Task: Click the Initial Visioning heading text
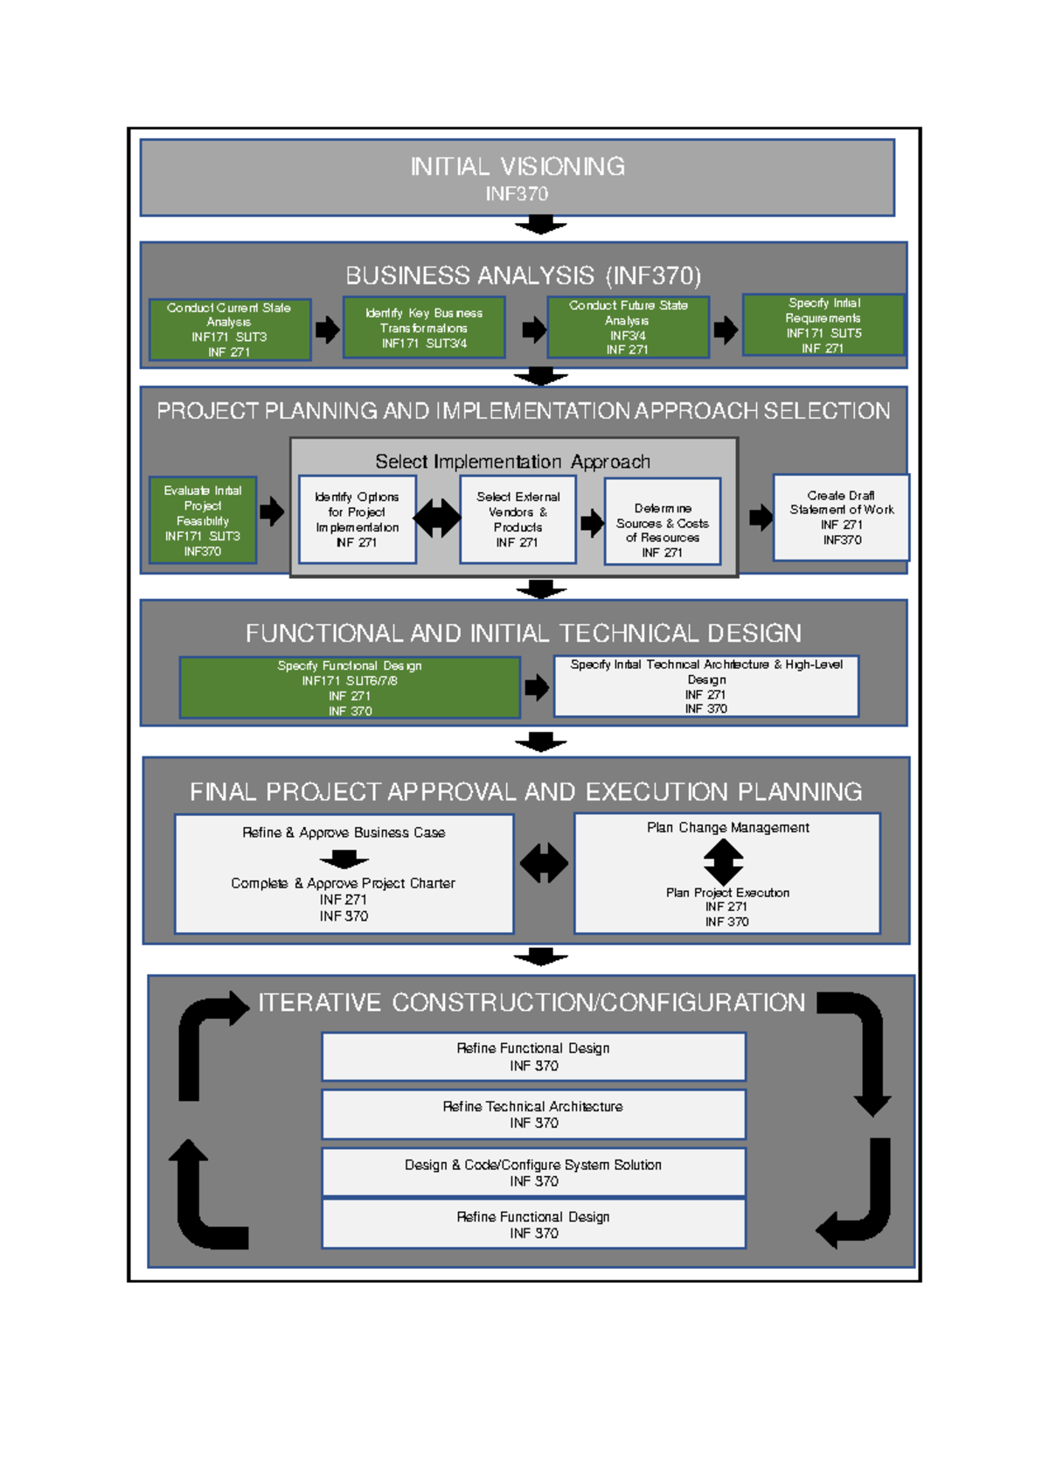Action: click(x=518, y=167)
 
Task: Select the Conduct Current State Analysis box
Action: click(x=230, y=330)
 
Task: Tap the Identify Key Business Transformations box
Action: click(x=424, y=328)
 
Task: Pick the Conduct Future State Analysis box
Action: click(x=628, y=327)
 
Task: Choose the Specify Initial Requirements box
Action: click(x=823, y=325)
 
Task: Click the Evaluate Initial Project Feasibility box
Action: click(x=203, y=520)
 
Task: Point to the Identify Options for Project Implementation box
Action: click(x=357, y=519)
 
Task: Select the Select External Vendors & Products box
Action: click(x=518, y=519)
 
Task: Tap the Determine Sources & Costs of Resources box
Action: click(x=663, y=522)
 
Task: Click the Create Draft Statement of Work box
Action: click(x=841, y=518)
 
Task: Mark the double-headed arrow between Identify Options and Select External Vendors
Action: click(x=437, y=519)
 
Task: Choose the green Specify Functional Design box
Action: click(x=350, y=688)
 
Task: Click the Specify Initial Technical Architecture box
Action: click(x=706, y=686)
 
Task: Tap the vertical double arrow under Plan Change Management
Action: click(x=723, y=862)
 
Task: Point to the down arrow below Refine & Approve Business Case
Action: click(x=344, y=859)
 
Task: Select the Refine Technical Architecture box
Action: click(x=533, y=1114)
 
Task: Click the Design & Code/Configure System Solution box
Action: click(x=533, y=1173)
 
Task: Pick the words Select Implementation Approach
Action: click(x=512, y=462)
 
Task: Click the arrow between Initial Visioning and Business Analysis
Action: click(x=541, y=225)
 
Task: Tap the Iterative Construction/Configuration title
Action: click(x=531, y=1003)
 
